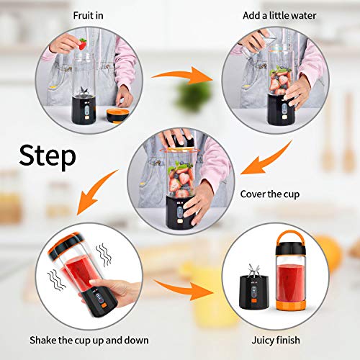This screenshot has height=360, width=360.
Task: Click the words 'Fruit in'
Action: click(88, 16)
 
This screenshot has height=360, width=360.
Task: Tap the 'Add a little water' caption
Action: click(279, 16)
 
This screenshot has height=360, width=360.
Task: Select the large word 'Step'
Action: click(48, 156)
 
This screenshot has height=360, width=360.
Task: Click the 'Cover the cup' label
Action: click(270, 194)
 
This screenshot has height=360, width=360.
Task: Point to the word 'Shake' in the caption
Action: click(43, 340)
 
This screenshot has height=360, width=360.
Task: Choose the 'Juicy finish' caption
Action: click(276, 341)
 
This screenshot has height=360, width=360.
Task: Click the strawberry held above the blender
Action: click(83, 44)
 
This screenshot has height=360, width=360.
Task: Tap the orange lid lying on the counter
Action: click(116, 116)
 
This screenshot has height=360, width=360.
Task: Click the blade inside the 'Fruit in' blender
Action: click(84, 91)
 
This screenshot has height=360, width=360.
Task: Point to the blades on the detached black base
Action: click(254, 271)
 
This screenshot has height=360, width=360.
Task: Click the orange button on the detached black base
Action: click(254, 300)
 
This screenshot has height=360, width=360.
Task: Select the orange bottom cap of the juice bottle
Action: click(291, 305)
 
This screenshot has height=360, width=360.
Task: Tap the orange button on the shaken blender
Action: click(104, 305)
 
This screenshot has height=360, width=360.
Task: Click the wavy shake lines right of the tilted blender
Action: click(104, 255)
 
